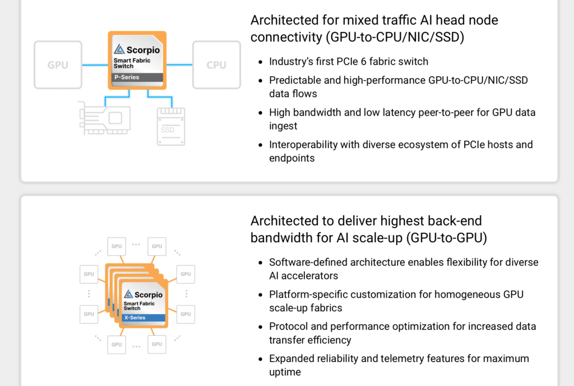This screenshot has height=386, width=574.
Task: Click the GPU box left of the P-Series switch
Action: pyautogui.click(x=58, y=65)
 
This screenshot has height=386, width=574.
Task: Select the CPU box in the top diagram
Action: pyautogui.click(x=216, y=65)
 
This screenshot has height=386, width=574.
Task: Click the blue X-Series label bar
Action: pyautogui.click(x=143, y=318)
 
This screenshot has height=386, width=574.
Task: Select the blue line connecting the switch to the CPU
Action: pyautogui.click(x=179, y=65)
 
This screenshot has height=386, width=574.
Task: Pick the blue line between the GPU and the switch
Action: pyautogui.click(x=95, y=65)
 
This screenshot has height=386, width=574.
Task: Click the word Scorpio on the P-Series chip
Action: pyautogui.click(x=143, y=50)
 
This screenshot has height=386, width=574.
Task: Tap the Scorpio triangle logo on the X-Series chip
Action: pyautogui.click(x=128, y=295)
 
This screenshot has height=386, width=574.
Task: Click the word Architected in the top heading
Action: pyautogui.click(x=284, y=20)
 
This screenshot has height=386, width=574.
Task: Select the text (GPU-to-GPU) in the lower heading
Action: pyautogui.click(x=448, y=238)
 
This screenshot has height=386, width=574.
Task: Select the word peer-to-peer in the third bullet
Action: pyautogui.click(x=446, y=112)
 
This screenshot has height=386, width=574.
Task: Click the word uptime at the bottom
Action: pyautogui.click(x=285, y=372)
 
